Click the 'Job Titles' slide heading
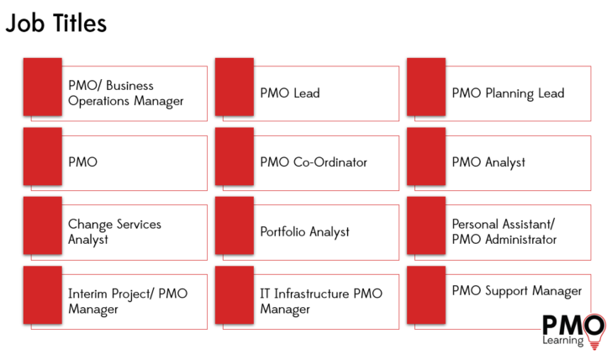[x=56, y=24]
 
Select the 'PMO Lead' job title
[x=290, y=93]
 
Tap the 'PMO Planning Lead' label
[x=508, y=93]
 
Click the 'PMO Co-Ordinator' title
[x=314, y=162]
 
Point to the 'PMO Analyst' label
[x=488, y=162]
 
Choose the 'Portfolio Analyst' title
[x=304, y=231]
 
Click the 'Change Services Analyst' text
[x=114, y=231]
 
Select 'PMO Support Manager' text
[x=516, y=291]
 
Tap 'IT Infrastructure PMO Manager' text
[x=321, y=301]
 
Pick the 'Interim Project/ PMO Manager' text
[x=128, y=301]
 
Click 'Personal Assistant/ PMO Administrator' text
[x=504, y=231]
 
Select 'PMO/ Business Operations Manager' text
[x=125, y=93]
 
